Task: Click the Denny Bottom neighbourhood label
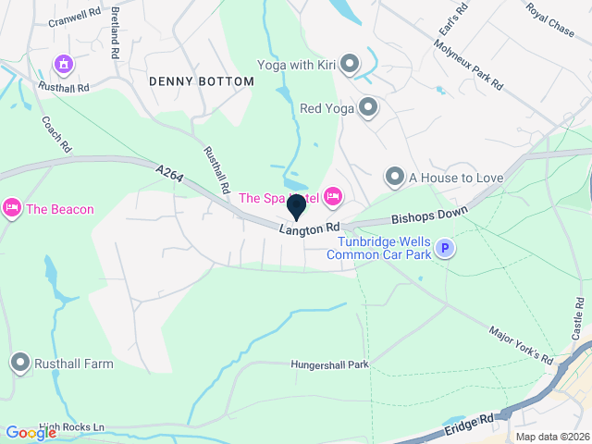click(x=201, y=81)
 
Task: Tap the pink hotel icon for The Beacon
click(x=11, y=208)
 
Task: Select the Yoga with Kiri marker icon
click(x=350, y=65)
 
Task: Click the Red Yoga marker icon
click(x=368, y=108)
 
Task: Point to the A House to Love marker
click(x=395, y=177)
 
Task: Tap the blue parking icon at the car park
click(x=446, y=248)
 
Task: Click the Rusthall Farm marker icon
click(x=20, y=364)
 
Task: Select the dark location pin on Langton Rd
click(x=297, y=206)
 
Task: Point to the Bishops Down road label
click(x=429, y=216)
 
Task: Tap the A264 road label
click(x=170, y=174)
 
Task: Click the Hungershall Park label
click(x=329, y=364)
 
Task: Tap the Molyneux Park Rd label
click(x=472, y=68)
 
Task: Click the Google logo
click(x=31, y=433)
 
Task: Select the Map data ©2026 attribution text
click(x=551, y=437)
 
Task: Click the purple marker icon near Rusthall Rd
click(x=64, y=65)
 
